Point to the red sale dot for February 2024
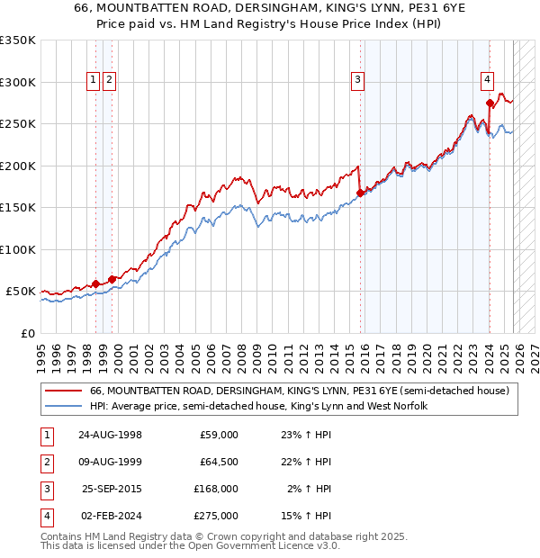490,102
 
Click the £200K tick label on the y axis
18,166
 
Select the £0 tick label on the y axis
27,333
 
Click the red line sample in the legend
66,391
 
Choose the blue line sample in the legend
66,406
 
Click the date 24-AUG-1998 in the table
110,435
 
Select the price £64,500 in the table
218,462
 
